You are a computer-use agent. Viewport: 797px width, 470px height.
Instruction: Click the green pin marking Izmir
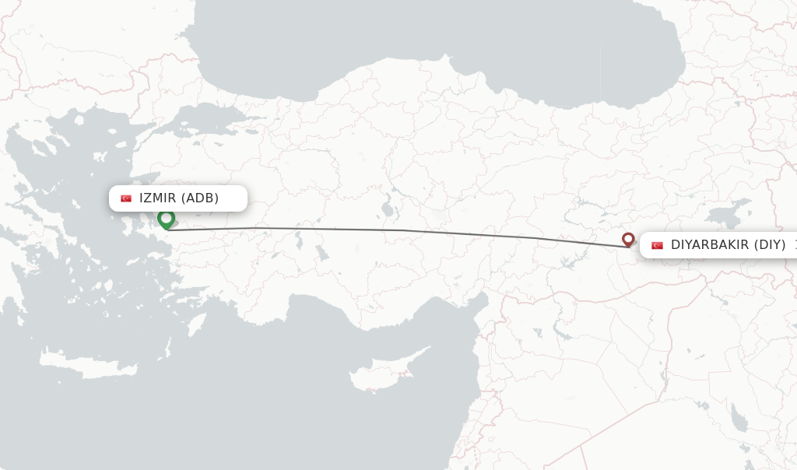(166, 219)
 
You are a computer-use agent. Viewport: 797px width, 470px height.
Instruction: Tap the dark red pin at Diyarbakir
(628, 239)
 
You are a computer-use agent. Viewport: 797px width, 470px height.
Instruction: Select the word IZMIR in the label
(158, 198)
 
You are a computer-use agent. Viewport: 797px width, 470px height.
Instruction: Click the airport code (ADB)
(200, 198)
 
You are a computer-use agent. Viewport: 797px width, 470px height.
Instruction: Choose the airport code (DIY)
(771, 245)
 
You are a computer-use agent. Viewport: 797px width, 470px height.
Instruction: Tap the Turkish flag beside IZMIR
(126, 198)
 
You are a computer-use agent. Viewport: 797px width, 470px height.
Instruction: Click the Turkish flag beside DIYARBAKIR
(657, 245)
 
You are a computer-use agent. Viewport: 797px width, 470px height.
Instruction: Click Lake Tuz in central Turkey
(386, 210)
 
